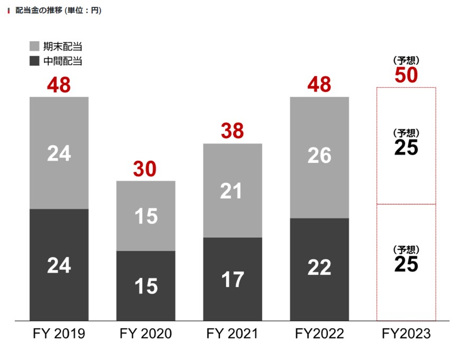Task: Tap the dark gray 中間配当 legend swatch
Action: click(35, 61)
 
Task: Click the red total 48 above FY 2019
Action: click(59, 85)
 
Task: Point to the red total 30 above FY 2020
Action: click(145, 169)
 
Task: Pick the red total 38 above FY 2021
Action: click(232, 132)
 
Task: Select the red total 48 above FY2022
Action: click(319, 85)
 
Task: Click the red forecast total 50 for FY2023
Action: click(406, 76)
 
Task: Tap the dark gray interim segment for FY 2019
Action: click(59, 264)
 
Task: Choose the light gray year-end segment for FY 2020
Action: click(145, 216)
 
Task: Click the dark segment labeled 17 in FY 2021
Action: click(232, 279)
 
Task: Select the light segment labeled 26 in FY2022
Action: click(319, 157)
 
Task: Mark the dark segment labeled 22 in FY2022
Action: click(319, 269)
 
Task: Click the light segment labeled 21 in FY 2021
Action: click(232, 190)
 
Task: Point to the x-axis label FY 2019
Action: click(59, 334)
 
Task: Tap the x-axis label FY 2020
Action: click(145, 334)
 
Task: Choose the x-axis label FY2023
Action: click(406, 334)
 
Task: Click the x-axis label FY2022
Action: click(319, 334)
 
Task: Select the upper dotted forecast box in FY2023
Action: click(406, 145)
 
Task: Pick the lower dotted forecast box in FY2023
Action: click(406, 262)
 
